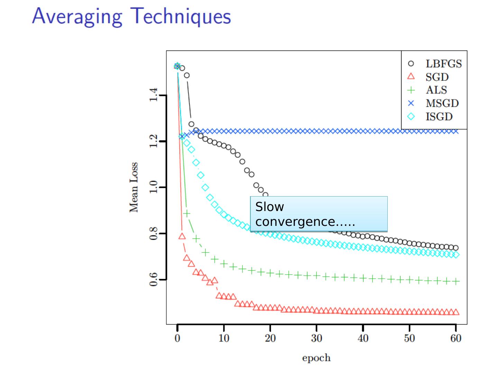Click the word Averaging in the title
[x=77, y=17]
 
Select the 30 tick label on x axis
[x=316, y=338]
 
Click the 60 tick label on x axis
[x=456, y=338]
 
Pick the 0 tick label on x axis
[x=177, y=338]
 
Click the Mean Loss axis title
[x=134, y=187]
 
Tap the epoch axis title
[x=316, y=358]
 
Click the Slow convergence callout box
[x=319, y=214]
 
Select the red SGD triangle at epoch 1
[x=182, y=236]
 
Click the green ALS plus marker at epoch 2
[x=187, y=214]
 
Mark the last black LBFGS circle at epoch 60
[x=456, y=248]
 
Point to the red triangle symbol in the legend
[x=411, y=77]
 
